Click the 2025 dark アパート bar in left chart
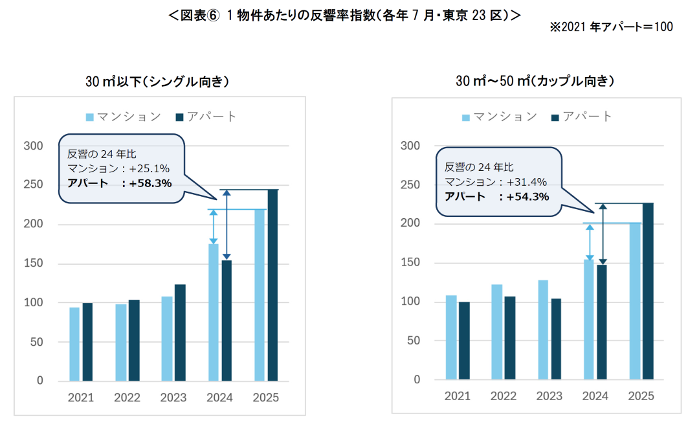tap(272, 285)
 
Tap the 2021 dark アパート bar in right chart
tap(465, 341)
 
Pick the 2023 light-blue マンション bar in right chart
tap(542, 330)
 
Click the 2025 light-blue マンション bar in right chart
tap(635, 301)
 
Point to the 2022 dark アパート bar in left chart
tap(133, 340)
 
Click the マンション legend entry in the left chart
tap(124, 117)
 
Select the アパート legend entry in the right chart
tap(581, 117)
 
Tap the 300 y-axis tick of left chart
tap(34, 146)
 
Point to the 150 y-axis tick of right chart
tap(410, 263)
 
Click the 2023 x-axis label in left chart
tap(173, 398)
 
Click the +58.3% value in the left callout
tap(150, 183)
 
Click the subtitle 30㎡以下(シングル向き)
tap(157, 82)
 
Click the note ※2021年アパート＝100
tap(611, 27)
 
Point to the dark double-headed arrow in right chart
tap(603, 234)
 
